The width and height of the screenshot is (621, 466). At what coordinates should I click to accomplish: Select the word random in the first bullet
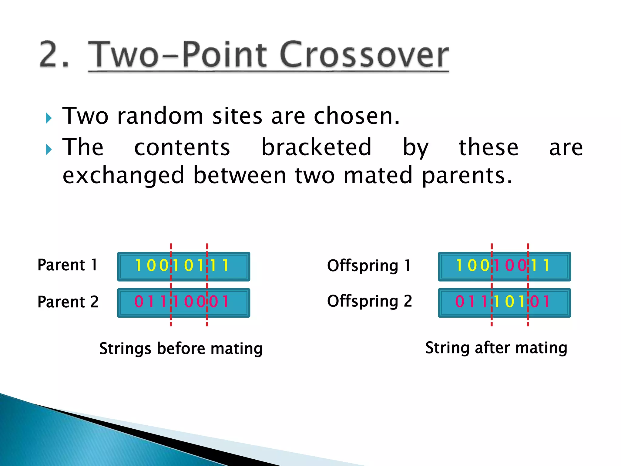coord(160,116)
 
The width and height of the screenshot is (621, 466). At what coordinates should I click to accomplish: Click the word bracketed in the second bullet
coord(316,147)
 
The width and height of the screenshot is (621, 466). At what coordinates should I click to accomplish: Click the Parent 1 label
coord(67,265)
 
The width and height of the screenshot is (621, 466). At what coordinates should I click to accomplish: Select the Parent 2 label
coord(68,302)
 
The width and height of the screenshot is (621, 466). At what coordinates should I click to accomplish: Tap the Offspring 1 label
coord(369,266)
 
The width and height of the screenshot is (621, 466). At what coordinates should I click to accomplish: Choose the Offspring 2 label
coord(369,301)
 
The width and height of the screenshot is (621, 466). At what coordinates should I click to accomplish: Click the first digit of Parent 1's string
coord(138,265)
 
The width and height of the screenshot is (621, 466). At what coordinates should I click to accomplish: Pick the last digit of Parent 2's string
coord(225,302)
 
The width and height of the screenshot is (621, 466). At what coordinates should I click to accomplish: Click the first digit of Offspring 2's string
coord(459,302)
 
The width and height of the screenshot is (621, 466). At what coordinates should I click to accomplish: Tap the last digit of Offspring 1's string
coord(546,265)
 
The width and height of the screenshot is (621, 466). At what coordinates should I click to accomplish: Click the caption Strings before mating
coord(181,348)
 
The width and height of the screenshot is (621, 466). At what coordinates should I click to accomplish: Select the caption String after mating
coord(496,348)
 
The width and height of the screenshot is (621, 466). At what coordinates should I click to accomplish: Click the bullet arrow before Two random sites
coord(49,118)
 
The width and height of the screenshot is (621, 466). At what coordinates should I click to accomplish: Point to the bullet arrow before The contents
coord(49,149)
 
